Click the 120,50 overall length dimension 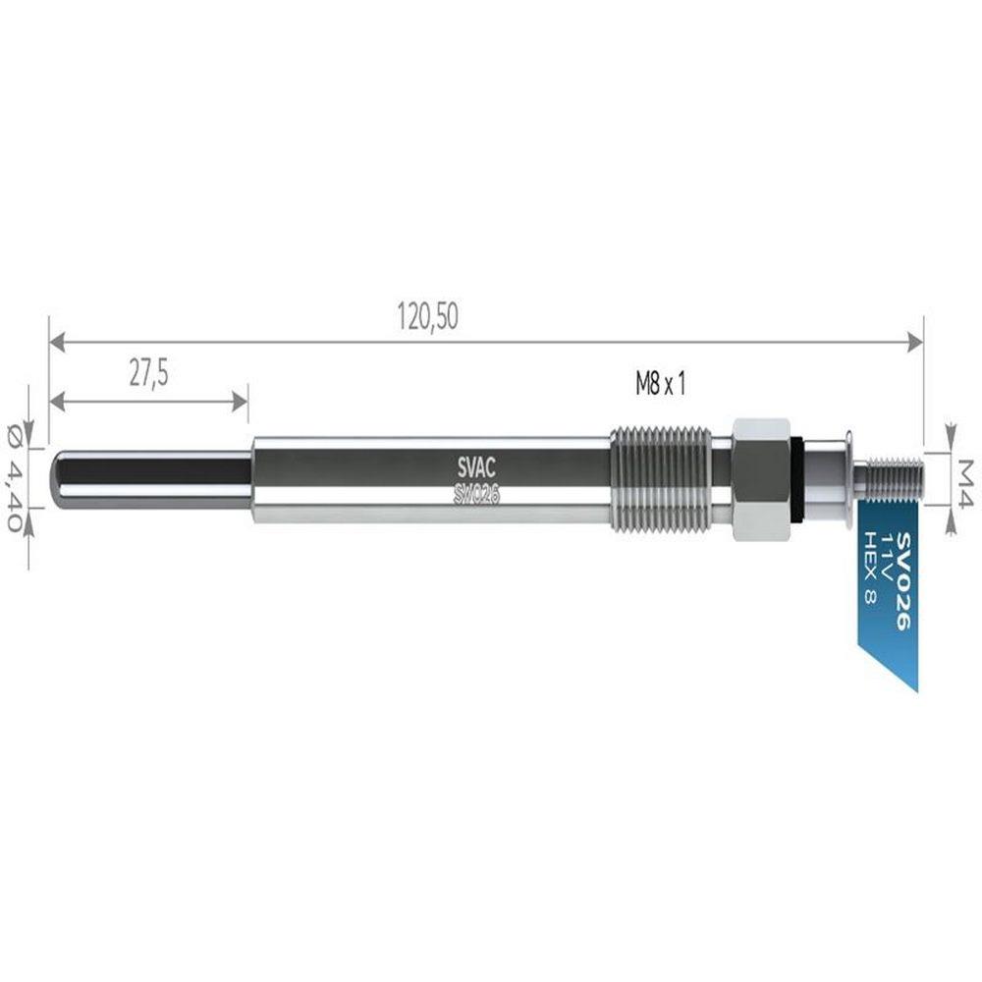point(428,316)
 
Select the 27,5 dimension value point(149,374)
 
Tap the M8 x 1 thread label point(661,383)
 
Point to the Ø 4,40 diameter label point(16,476)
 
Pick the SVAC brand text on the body point(476,467)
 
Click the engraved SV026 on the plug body point(476,495)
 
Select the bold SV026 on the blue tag point(904,581)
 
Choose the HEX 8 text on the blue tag point(870,568)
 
